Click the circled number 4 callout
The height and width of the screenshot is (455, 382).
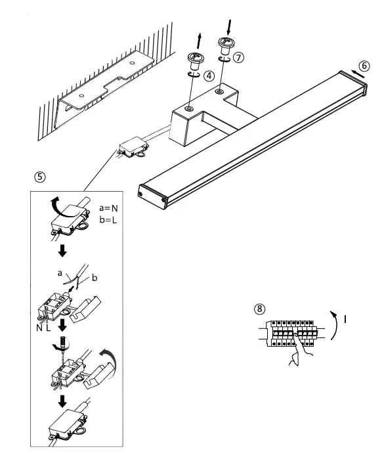[x=209, y=76]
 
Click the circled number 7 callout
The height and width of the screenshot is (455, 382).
[x=238, y=57]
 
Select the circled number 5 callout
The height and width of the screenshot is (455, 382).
[x=40, y=177]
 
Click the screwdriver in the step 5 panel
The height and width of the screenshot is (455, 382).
[x=64, y=345]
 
